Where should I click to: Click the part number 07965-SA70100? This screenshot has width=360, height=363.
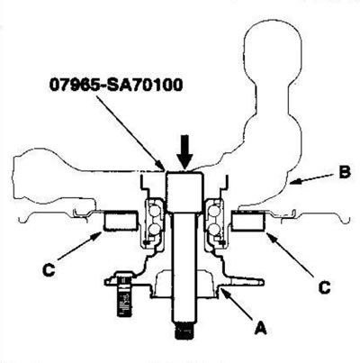tap(116, 86)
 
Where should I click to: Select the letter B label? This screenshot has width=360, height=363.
tap(345, 173)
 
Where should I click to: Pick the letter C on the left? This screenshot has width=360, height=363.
tap(49, 269)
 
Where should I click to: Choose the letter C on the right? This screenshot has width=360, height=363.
tap(324, 287)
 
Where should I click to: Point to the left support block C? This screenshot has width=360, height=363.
tap(121, 221)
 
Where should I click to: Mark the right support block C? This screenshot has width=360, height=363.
tap(248, 221)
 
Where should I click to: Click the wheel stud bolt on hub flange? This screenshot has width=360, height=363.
tap(123, 294)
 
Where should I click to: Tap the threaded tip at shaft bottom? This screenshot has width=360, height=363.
tap(184, 331)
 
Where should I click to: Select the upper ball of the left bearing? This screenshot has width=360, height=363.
tap(155, 211)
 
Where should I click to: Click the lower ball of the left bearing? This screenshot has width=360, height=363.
tap(154, 230)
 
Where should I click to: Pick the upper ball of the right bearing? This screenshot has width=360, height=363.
tap(215, 211)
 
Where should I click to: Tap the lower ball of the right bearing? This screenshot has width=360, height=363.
tap(216, 230)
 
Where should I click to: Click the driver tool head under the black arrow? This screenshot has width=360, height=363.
tap(184, 191)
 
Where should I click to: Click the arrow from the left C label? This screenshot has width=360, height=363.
tap(79, 247)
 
